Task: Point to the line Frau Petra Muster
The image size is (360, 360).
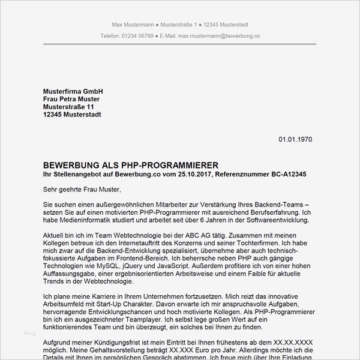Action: pos(71,99)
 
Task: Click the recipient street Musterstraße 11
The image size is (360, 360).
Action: pos(68,107)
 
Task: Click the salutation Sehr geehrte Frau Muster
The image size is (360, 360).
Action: pos(82,190)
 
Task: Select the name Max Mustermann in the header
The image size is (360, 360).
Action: pos(132,25)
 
